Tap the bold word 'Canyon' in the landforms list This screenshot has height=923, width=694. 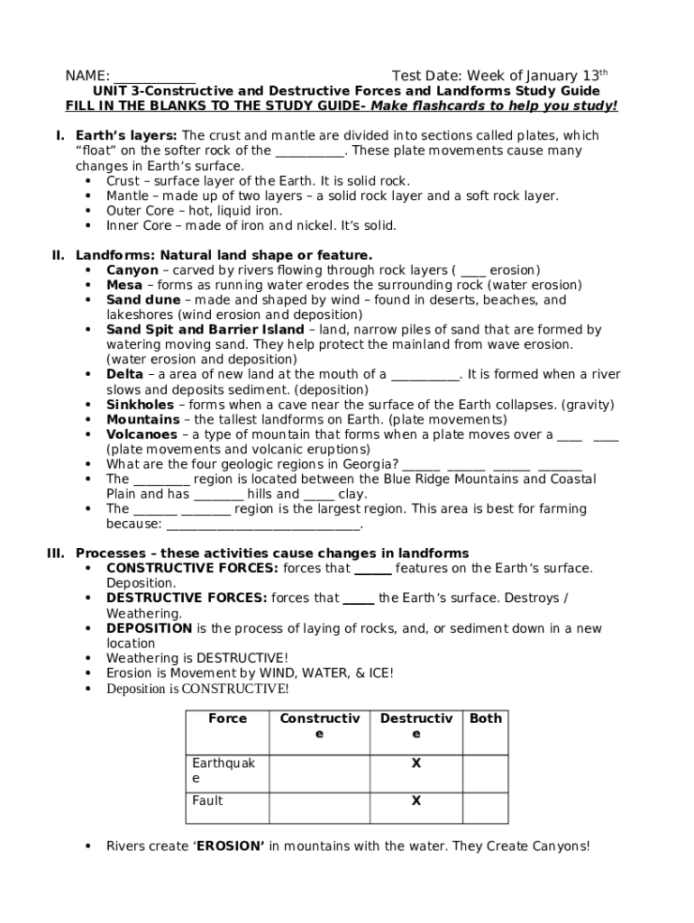point(132,270)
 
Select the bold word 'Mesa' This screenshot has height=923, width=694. point(124,285)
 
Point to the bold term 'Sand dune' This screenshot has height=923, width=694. point(143,300)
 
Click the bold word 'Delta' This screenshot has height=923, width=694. point(124,374)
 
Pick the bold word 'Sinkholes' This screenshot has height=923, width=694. point(140,405)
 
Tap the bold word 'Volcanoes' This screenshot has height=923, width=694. point(142,434)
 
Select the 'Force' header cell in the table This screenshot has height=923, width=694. point(227,718)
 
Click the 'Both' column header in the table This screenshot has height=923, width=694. point(486,718)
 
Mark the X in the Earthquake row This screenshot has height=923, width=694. point(416,763)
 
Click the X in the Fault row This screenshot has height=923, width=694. point(416,800)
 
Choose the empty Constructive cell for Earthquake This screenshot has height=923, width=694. point(319,772)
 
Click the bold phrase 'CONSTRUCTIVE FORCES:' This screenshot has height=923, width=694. point(192,569)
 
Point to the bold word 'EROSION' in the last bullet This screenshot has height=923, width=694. point(230,846)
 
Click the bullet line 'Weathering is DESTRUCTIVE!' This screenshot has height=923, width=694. point(197,658)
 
